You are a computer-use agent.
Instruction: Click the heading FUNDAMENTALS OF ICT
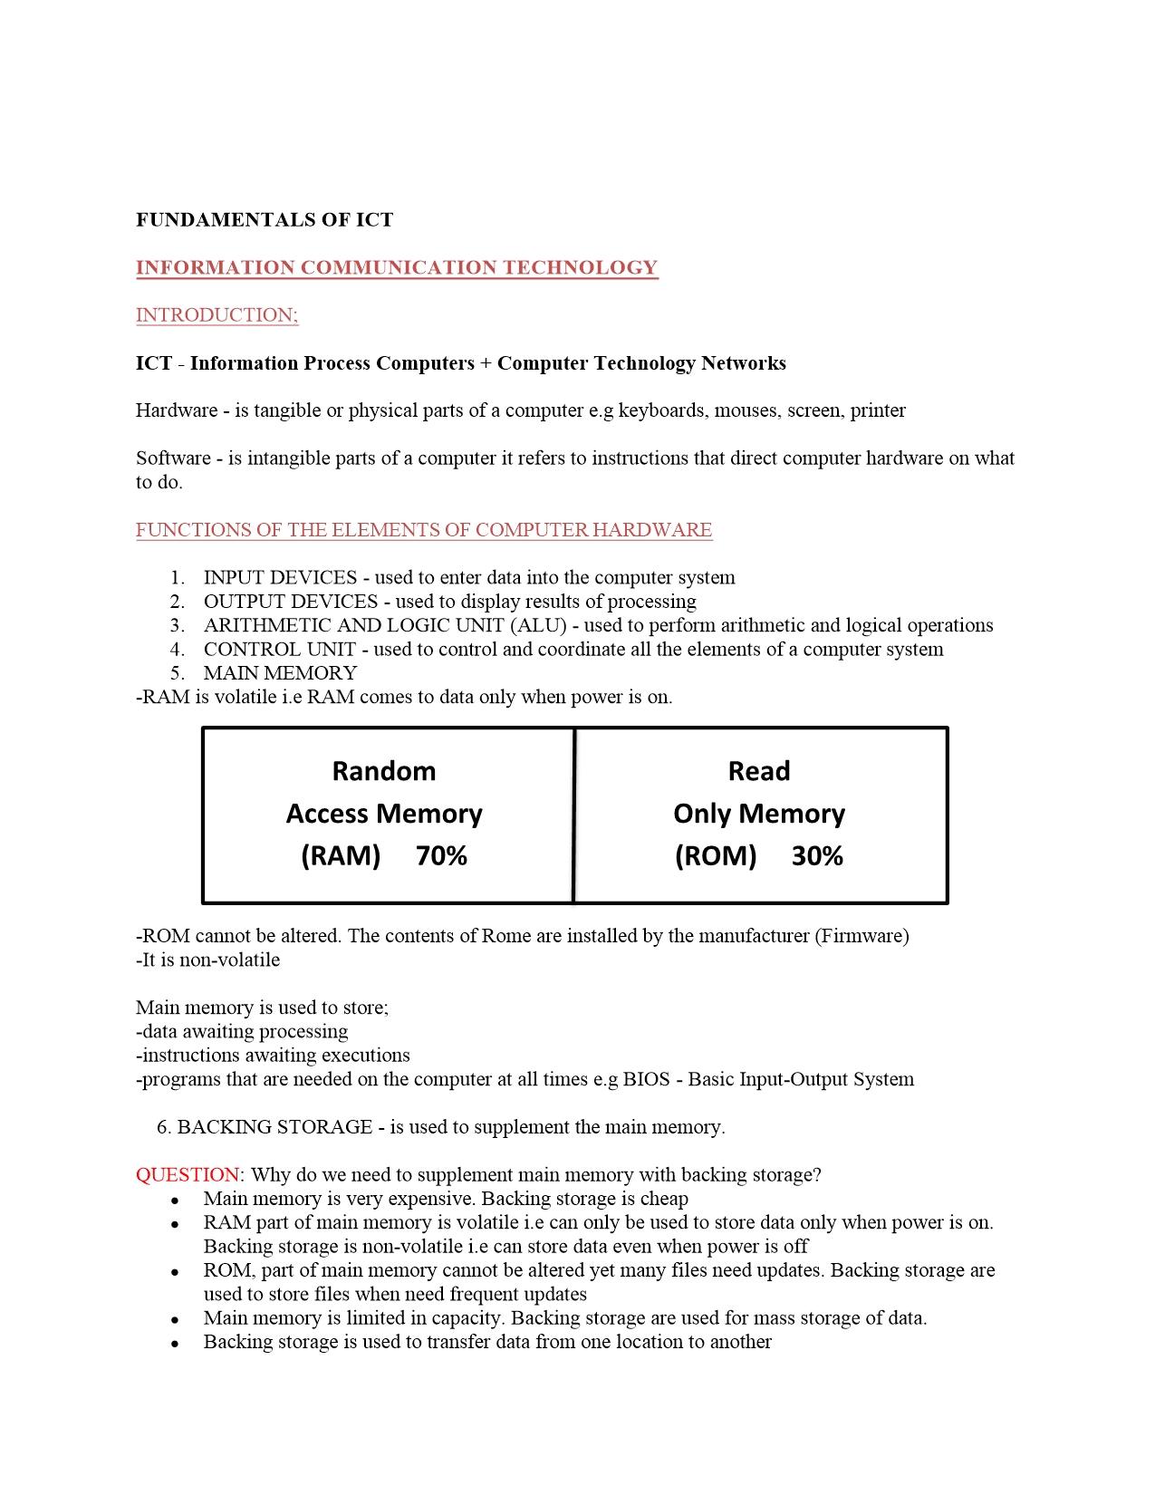[x=265, y=220]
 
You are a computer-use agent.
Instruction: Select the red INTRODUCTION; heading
[x=217, y=315]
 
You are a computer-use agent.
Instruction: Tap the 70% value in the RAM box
[x=441, y=856]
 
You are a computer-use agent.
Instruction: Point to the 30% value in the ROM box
[x=817, y=856]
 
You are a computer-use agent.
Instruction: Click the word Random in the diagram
[x=384, y=771]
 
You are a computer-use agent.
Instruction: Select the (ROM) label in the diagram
[x=716, y=856]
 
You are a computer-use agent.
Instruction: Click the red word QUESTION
[x=188, y=1175]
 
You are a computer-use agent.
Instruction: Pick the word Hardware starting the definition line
[x=177, y=410]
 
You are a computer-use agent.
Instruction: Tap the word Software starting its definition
[x=173, y=458]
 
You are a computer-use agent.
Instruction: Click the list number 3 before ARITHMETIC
[x=177, y=626]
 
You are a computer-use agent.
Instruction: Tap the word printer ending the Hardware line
[x=877, y=411]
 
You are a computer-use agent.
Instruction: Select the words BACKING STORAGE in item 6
[x=274, y=1127]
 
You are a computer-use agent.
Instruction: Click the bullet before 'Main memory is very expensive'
[x=175, y=1201]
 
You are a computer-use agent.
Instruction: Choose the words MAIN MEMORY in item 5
[x=280, y=673]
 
